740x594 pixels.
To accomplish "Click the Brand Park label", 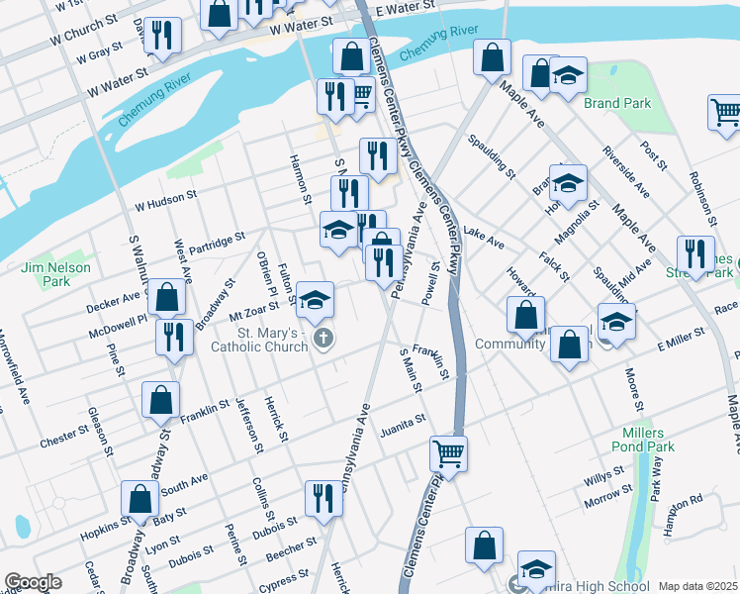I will click(x=616, y=103).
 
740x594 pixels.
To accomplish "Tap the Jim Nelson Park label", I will click(x=55, y=274).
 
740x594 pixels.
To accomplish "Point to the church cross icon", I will click(x=323, y=340).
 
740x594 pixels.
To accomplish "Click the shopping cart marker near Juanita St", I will click(x=448, y=454).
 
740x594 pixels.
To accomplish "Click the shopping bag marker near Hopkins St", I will click(x=139, y=499).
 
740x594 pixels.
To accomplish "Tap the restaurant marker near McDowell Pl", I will click(x=174, y=337).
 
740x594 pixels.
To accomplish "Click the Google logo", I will click(x=33, y=582).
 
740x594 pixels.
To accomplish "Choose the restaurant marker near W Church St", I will click(x=162, y=36).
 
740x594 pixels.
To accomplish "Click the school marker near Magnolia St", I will click(x=568, y=182).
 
